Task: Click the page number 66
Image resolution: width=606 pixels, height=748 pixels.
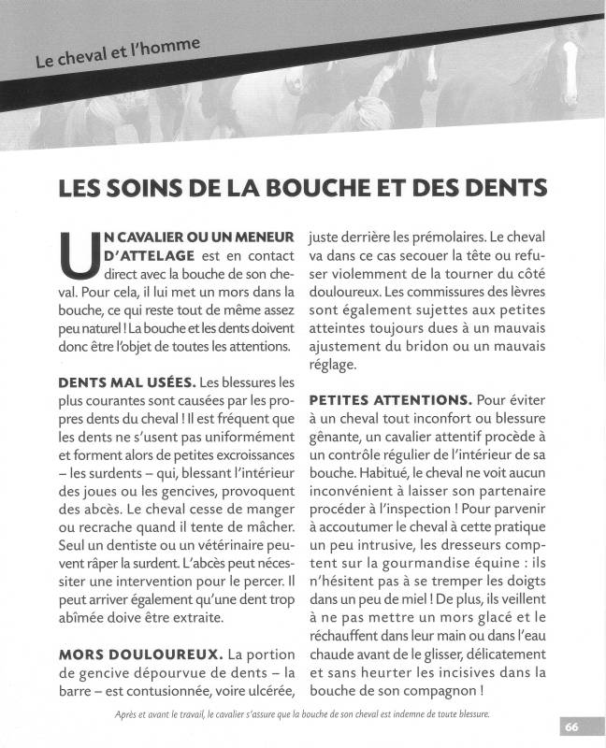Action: pyautogui.click(x=572, y=726)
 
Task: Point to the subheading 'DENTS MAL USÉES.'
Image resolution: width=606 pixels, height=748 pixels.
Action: pyautogui.click(x=126, y=382)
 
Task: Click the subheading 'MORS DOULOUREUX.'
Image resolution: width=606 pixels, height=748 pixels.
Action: pyautogui.click(x=140, y=655)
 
